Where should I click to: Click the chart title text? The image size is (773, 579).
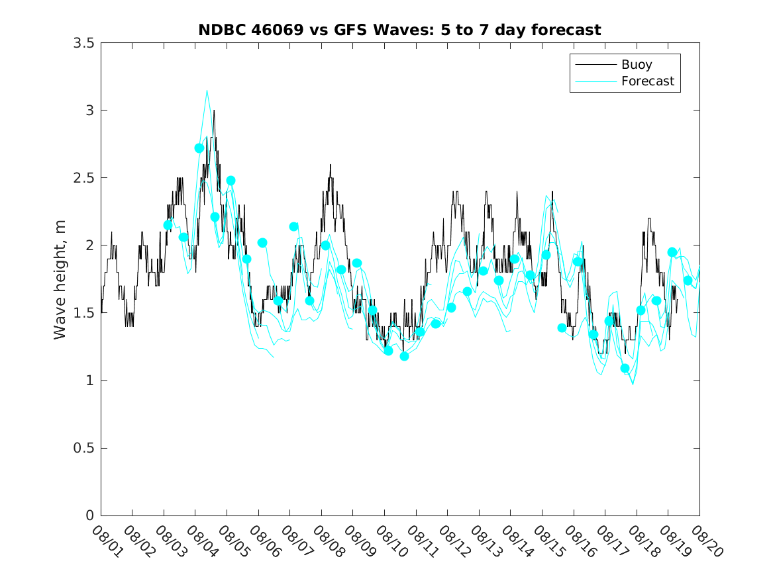point(399,30)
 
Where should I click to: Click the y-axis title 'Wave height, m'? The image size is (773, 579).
point(60,280)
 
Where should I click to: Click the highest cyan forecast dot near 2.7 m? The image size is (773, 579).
point(199,148)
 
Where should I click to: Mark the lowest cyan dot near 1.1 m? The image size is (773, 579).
point(625,368)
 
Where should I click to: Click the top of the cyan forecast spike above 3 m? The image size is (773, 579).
point(207,91)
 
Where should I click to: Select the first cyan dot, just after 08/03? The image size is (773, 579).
point(168,225)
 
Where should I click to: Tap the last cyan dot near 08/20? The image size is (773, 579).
point(688,281)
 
